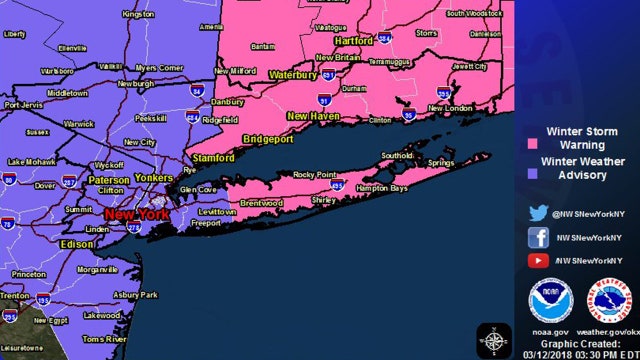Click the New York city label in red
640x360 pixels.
(131, 214)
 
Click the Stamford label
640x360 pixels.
(213, 158)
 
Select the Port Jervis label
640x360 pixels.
(24, 104)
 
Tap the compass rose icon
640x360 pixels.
(494, 339)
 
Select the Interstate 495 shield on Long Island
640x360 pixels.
(338, 186)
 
